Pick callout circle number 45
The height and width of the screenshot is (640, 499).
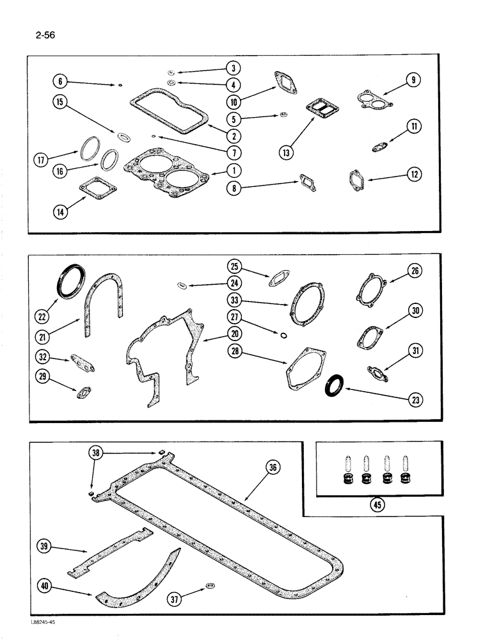(379, 504)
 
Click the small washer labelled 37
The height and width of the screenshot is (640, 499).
(210, 585)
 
